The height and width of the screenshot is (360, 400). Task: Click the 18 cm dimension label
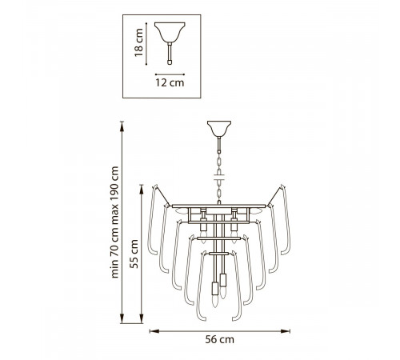click(x=138, y=42)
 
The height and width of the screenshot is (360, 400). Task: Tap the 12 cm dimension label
click(x=170, y=82)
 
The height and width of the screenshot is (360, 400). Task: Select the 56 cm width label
click(x=220, y=339)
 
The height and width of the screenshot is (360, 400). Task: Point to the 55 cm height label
click(x=134, y=254)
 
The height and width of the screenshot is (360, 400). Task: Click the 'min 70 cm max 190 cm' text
click(x=114, y=222)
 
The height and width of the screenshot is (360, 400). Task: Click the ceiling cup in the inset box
click(x=170, y=32)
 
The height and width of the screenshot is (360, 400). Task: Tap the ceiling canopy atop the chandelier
click(x=219, y=129)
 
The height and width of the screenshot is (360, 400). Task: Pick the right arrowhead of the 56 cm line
click(x=286, y=331)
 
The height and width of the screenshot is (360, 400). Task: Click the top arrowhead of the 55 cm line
click(x=142, y=190)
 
